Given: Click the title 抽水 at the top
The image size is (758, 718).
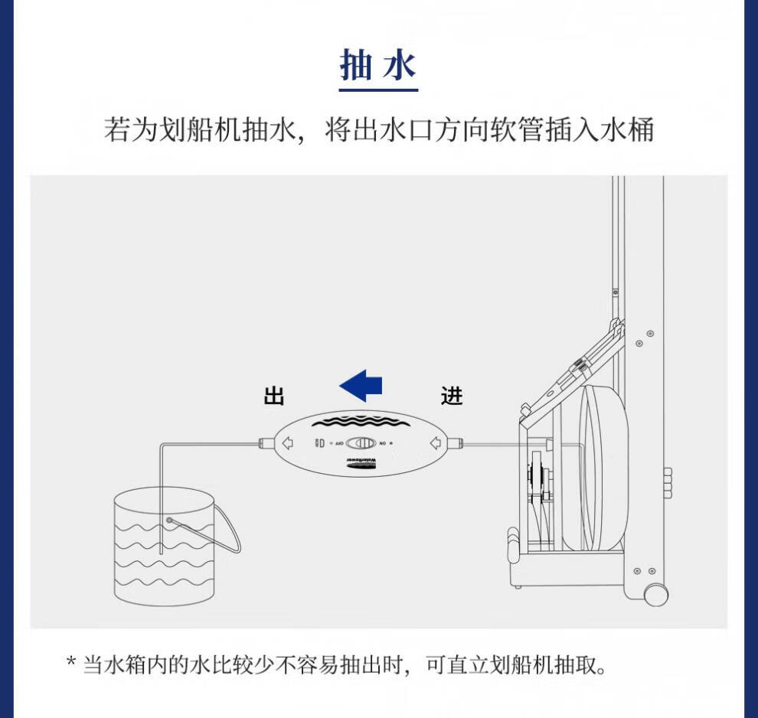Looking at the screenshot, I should pyautogui.click(x=378, y=67).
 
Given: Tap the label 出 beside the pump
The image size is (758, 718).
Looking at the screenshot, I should pyautogui.click(x=274, y=397).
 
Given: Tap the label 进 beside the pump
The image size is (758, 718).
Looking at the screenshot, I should pyautogui.click(x=452, y=396).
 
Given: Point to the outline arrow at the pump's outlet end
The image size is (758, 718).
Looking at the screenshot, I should pyautogui.click(x=288, y=442).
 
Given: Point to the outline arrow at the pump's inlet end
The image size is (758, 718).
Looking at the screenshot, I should pyautogui.click(x=435, y=442).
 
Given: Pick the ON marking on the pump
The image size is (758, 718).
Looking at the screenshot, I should pyautogui.click(x=383, y=443).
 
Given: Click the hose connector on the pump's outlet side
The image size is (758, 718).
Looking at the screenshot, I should pyautogui.click(x=265, y=442).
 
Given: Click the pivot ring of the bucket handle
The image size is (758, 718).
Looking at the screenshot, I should pyautogui.click(x=168, y=521).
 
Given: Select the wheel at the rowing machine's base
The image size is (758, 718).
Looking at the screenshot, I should pyautogui.click(x=655, y=595).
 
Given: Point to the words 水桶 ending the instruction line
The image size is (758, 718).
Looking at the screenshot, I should pyautogui.click(x=635, y=129).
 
